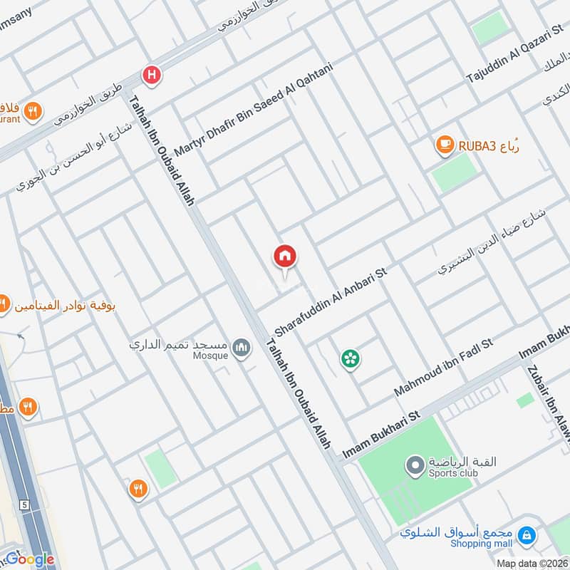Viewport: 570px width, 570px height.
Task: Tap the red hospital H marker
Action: [x=152, y=74]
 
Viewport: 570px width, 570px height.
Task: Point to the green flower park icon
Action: [x=350, y=358]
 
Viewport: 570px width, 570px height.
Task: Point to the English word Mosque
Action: [x=212, y=355]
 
